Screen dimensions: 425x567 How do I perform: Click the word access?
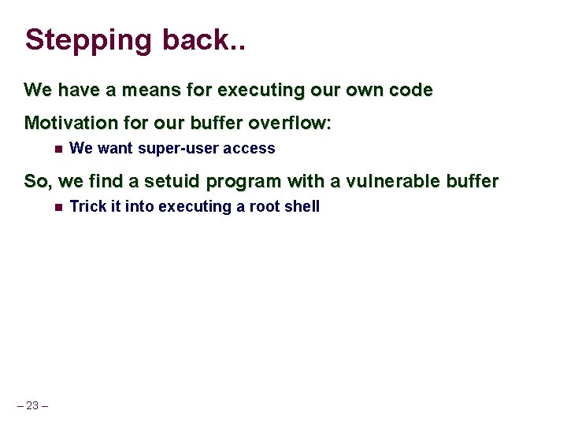(249, 149)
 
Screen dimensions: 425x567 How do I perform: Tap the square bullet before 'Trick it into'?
(57, 207)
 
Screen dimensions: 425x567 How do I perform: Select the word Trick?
(87, 207)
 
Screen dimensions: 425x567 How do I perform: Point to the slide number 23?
(32, 406)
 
